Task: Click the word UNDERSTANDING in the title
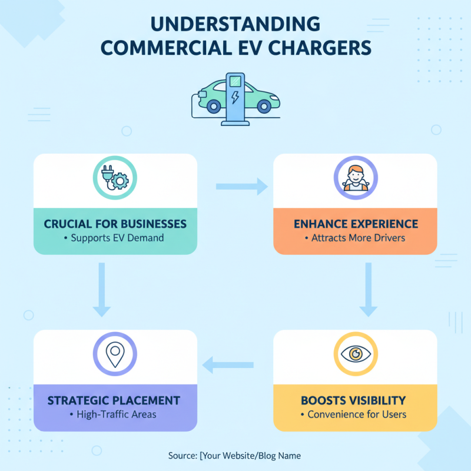[x=235, y=24]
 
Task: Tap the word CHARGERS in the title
[x=320, y=48]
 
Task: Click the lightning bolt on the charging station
[x=235, y=97]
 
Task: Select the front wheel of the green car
[x=264, y=106]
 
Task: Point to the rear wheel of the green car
[x=214, y=106]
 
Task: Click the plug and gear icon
[x=115, y=178]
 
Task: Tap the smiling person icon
[x=356, y=178]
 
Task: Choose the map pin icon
[x=115, y=354]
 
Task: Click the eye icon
[x=356, y=354]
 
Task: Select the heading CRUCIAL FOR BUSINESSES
[x=115, y=224]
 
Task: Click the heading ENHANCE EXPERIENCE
[x=356, y=224]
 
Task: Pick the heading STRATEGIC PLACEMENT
[x=114, y=401]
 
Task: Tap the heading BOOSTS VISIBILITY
[x=353, y=401]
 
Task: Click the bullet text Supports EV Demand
[x=117, y=238]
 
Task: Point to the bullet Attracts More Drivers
[x=358, y=238]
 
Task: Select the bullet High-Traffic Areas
[x=117, y=414]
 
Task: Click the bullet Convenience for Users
[x=357, y=414]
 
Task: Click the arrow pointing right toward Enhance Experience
[x=242, y=187]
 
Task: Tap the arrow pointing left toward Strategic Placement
[x=228, y=365]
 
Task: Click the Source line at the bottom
[x=234, y=456]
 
